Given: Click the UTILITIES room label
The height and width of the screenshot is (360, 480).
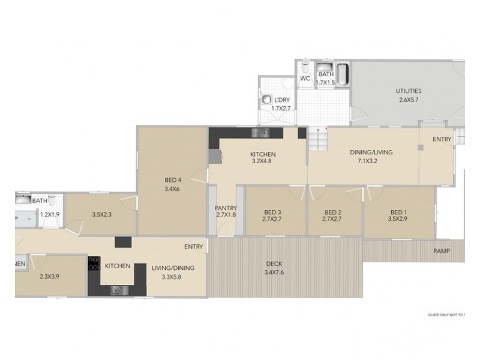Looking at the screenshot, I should (408, 91).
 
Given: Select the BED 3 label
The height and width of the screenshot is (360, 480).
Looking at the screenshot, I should (272, 212).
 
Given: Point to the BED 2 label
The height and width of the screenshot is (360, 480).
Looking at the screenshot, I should (332, 212).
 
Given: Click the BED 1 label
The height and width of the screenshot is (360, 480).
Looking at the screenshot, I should (398, 212).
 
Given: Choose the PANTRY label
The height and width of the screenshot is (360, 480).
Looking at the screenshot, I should (226, 208).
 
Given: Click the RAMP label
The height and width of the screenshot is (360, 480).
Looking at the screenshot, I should (440, 251).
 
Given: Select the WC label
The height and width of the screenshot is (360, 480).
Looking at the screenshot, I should (305, 79).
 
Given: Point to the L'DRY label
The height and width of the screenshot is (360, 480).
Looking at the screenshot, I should (281, 100).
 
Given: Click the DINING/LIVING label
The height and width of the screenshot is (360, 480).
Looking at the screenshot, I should (371, 152).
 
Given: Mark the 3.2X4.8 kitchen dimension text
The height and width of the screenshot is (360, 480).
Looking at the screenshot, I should (263, 162).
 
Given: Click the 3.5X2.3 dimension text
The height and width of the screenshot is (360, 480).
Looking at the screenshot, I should (103, 213).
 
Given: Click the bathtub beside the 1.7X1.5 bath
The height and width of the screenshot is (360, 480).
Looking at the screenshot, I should (341, 75).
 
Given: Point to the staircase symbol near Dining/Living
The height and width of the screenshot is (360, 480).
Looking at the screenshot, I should (317, 142).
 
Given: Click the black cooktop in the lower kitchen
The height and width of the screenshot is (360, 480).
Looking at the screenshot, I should (94, 264).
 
